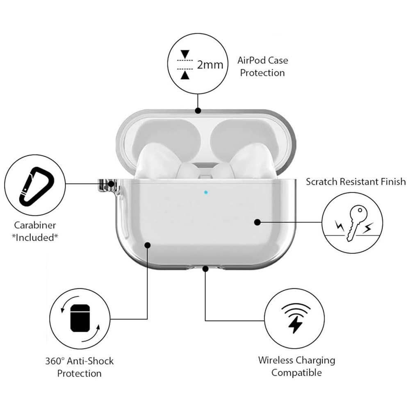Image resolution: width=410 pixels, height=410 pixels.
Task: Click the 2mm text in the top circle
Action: (210, 65)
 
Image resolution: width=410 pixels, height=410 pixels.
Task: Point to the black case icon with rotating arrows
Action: (80, 318)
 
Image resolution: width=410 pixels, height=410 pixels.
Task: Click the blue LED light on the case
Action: (206, 192)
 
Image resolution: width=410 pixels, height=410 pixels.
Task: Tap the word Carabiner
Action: (35, 225)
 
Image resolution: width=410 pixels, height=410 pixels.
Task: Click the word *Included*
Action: (35, 237)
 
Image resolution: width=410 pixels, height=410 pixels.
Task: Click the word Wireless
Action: (276, 360)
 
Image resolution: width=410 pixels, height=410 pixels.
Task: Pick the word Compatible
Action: (296, 373)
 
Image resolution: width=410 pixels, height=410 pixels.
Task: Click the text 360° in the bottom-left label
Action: (55, 361)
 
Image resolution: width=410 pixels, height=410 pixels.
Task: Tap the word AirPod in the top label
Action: (250, 60)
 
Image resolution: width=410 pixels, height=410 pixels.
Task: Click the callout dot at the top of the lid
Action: (198, 111)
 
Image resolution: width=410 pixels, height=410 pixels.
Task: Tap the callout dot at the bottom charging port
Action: (205, 269)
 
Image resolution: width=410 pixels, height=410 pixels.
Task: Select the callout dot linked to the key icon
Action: (257, 222)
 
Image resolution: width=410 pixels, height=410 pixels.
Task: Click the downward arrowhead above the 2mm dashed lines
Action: (185, 54)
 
